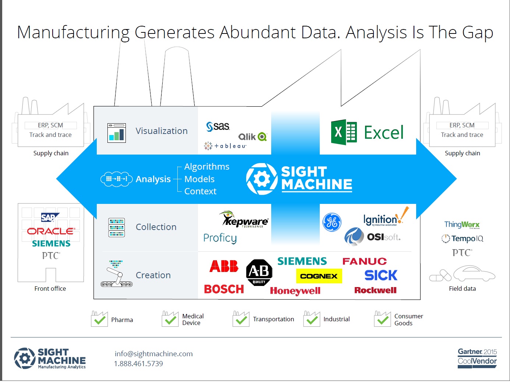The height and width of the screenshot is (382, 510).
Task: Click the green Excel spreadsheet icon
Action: pyautogui.click(x=344, y=132)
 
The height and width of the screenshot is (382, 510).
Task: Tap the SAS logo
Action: pyautogui.click(x=218, y=127)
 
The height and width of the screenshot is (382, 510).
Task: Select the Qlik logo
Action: pyautogui.click(x=252, y=137)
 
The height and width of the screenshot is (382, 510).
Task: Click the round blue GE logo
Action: pyautogui.click(x=332, y=222)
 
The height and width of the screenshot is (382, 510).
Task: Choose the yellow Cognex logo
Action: pyautogui.click(x=319, y=276)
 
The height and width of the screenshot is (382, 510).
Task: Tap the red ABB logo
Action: pyautogui.click(x=224, y=266)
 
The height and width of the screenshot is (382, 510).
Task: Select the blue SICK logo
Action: pyautogui.click(x=381, y=275)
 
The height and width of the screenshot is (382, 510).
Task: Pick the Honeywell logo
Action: pyautogui.click(x=295, y=291)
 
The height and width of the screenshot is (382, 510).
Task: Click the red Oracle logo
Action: pyautogui.click(x=51, y=231)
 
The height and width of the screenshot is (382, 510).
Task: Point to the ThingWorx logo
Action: pyautogui.click(x=462, y=224)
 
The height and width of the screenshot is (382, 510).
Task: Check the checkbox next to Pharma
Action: pyautogui.click(x=99, y=319)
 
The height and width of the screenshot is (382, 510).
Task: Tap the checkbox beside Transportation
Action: pyautogui.click(x=241, y=319)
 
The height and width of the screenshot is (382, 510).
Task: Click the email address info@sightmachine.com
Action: pyautogui.click(x=154, y=354)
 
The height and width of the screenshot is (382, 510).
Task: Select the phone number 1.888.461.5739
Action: pyautogui.click(x=138, y=364)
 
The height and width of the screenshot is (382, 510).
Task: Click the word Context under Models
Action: pyautogui.click(x=200, y=191)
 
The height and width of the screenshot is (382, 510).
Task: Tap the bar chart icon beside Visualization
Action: pyautogui.click(x=117, y=133)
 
